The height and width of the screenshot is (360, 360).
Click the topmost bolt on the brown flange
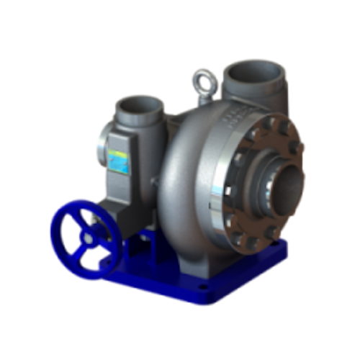click(x=266, y=124)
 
